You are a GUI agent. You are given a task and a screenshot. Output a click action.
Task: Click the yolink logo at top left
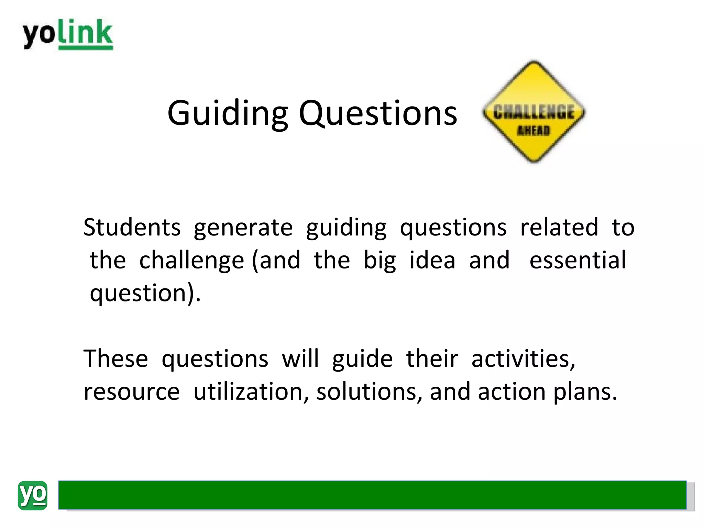(68, 34)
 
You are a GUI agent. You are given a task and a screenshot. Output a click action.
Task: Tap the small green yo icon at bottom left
(32, 495)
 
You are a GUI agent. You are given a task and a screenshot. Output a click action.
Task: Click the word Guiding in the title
(227, 113)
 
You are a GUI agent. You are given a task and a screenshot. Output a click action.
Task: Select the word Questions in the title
(378, 113)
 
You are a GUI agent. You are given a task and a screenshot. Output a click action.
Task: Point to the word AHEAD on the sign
(533, 131)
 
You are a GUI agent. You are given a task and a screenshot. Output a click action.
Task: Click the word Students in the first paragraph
(132, 228)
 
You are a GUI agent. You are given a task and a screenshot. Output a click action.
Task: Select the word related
(559, 228)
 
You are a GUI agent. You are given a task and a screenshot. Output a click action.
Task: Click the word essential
(577, 260)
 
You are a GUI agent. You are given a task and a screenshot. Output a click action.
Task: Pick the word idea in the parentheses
(432, 260)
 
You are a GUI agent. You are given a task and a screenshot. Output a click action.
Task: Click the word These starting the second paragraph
(115, 359)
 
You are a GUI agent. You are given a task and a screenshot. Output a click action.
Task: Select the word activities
(523, 359)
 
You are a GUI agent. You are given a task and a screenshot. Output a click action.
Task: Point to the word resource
(132, 392)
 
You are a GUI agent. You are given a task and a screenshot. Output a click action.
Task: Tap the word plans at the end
(585, 392)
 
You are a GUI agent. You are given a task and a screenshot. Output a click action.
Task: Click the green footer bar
(372, 495)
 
